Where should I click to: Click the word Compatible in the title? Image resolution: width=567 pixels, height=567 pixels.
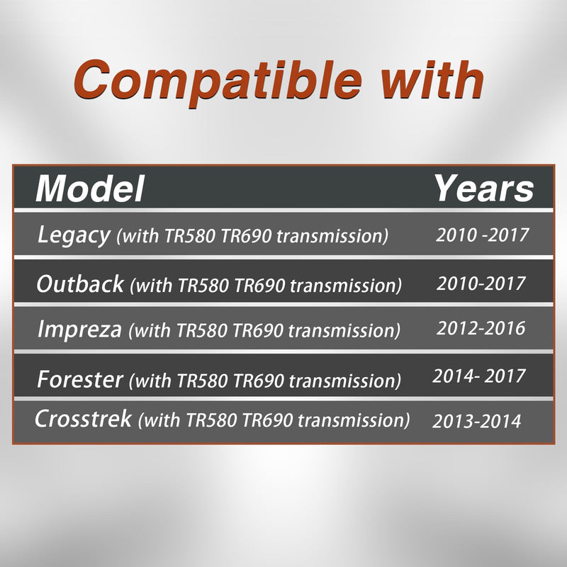click(x=218, y=82)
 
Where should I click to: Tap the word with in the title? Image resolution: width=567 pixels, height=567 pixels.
click(x=432, y=80)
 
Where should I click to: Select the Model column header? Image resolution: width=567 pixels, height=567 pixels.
click(x=90, y=189)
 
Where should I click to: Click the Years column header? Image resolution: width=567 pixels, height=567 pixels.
click(x=484, y=189)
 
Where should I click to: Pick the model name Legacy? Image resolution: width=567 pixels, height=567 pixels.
click(x=74, y=235)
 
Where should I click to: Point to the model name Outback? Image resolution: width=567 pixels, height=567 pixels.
click(x=80, y=284)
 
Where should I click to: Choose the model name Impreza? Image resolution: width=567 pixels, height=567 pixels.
click(x=79, y=330)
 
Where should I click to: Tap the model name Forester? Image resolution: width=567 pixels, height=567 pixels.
click(x=80, y=379)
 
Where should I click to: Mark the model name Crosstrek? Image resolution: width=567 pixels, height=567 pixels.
click(x=83, y=419)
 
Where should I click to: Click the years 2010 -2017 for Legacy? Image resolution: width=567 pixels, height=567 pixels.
click(x=483, y=235)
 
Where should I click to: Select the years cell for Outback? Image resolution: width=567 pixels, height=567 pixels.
click(x=481, y=283)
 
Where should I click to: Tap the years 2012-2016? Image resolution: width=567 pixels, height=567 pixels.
click(x=481, y=328)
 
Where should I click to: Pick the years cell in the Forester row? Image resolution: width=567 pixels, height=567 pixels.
click(x=479, y=376)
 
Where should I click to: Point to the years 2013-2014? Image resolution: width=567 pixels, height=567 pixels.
click(x=476, y=421)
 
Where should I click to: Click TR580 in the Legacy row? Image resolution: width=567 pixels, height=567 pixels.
click(x=190, y=236)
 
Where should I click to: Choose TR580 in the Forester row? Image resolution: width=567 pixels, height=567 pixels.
click(x=203, y=381)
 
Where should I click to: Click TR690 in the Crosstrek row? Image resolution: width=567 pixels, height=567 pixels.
click(x=268, y=420)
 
